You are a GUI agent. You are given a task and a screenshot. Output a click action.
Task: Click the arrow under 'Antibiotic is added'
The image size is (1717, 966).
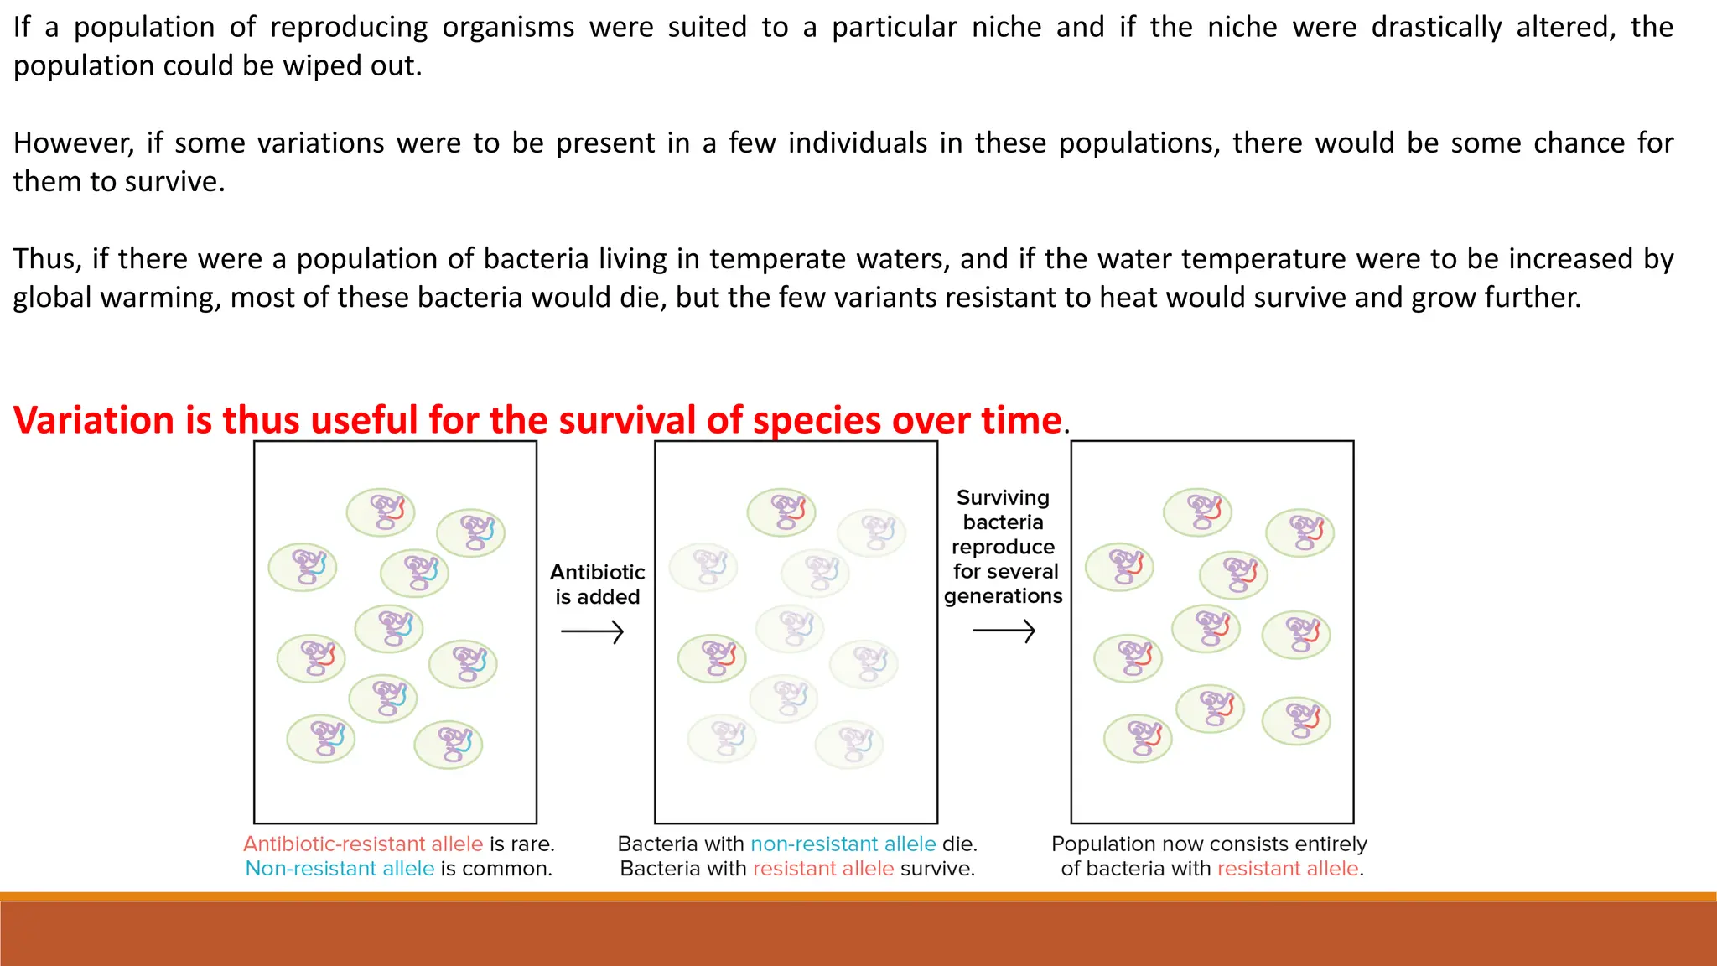coord(592,631)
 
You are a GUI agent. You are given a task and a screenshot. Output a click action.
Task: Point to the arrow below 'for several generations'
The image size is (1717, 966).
coord(1004,631)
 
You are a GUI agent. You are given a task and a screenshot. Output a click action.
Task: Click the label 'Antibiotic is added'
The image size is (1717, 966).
coord(597,584)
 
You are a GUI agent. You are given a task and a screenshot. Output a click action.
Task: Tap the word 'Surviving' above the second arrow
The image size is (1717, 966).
coord(1003,498)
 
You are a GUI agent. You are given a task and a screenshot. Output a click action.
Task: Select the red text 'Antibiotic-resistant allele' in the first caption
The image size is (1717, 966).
coord(363,844)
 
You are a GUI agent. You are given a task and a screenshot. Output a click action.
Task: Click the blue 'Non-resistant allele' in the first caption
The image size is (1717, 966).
coord(340,869)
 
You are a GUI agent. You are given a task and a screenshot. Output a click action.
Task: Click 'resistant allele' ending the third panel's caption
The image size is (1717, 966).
coord(1288,869)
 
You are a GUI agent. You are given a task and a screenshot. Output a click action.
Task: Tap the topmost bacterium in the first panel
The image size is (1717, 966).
coord(381,512)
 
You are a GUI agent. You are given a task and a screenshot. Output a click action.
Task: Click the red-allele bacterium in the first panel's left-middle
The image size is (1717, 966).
coord(311,658)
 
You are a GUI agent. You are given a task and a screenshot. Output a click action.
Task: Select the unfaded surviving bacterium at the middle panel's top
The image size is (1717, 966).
coord(781,512)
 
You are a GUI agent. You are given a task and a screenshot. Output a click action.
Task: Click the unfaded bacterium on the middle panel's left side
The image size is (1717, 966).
coord(712,658)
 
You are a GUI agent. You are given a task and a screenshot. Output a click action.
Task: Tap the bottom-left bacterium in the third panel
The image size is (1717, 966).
coord(1138,738)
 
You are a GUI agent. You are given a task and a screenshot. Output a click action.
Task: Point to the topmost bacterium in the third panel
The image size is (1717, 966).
coord(1197,512)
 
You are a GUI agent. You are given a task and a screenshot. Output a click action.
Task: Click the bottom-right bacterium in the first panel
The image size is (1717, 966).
coord(449,745)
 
